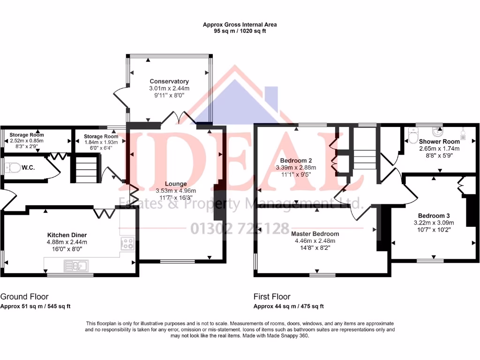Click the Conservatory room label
coord(169,81)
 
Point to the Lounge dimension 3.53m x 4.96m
coord(176,191)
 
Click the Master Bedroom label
coord(315,233)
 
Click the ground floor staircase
coord(85,169)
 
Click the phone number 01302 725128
coord(240,229)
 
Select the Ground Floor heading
coord(24,297)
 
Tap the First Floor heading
coord(272,297)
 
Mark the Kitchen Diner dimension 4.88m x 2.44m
coord(67,242)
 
